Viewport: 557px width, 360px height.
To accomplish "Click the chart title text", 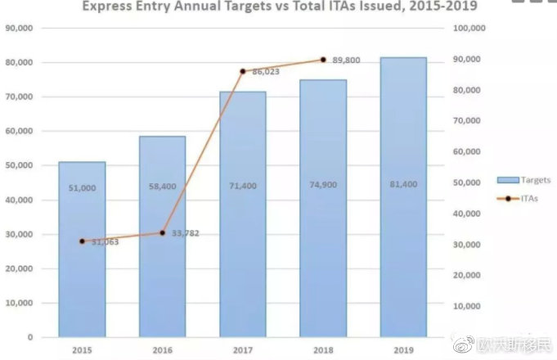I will point(279,7).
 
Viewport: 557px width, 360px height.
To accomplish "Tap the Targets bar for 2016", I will point(162,236).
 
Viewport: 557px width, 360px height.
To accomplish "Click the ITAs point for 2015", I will point(82,241).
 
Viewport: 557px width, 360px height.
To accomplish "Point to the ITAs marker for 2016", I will point(162,233).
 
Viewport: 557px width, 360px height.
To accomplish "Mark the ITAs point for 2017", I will point(243,72).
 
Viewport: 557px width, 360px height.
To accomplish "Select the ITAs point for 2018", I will point(323,60).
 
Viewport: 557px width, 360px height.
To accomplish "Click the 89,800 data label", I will point(348,60).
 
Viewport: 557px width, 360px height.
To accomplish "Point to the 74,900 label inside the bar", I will point(323,186).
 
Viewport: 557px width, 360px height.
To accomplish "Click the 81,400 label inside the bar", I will point(403,185).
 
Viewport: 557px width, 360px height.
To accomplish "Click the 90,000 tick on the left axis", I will point(20,28).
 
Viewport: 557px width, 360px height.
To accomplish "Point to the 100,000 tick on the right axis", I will point(469,28).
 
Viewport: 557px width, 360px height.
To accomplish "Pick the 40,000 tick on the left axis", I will point(20,200).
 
